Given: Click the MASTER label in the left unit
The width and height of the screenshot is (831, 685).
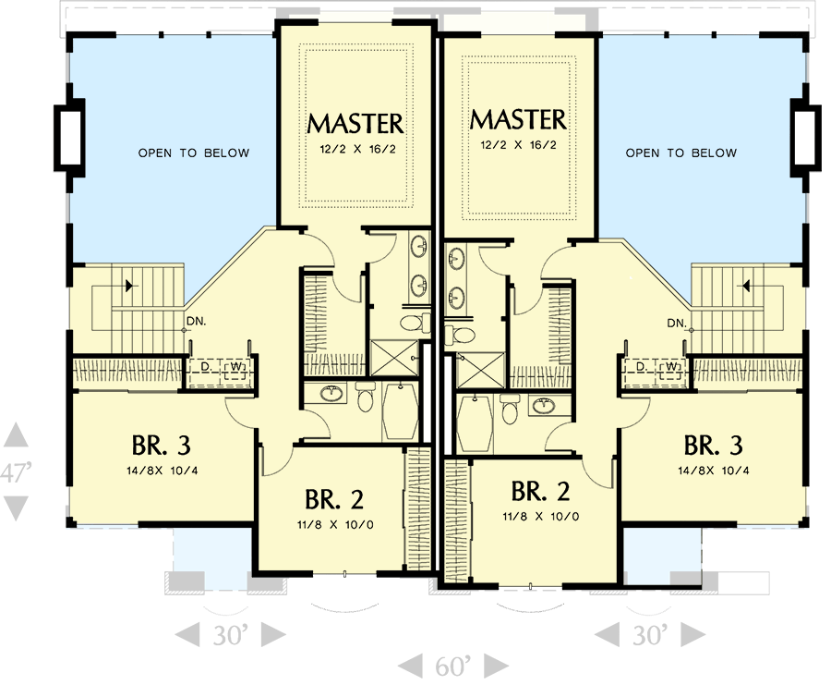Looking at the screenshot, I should click(x=355, y=123).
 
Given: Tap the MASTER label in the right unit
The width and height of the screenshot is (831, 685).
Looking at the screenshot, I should click(x=517, y=119).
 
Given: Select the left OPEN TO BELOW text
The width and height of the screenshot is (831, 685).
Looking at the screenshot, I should click(x=194, y=153).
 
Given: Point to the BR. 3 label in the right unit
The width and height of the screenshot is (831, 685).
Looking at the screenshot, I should click(x=713, y=446).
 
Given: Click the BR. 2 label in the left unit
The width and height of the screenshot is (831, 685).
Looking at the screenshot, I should click(x=334, y=499).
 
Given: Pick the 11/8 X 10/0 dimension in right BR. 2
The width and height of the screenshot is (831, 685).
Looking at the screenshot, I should click(x=542, y=517).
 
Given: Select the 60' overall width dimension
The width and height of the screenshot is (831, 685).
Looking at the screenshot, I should click(x=452, y=665).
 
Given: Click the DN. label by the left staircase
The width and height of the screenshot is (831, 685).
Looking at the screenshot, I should click(x=195, y=322).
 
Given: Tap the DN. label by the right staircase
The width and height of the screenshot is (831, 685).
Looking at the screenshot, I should click(x=676, y=323).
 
